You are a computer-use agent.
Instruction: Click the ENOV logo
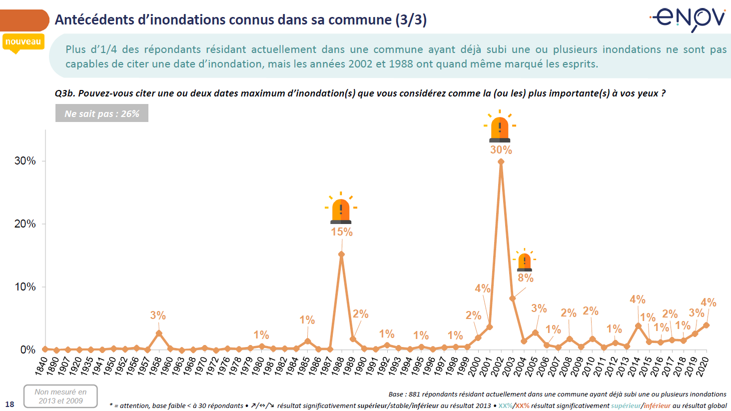[x=689, y=19]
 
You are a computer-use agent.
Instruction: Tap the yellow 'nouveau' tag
[x=23, y=42]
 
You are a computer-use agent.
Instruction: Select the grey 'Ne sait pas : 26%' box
[x=102, y=113]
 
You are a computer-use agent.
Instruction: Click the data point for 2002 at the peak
[x=501, y=161]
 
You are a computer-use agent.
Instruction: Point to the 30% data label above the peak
[x=501, y=150]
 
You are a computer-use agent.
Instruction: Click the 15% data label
[x=342, y=232]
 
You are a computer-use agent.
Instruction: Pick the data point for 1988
[x=341, y=254]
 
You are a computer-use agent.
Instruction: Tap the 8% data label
[x=526, y=278]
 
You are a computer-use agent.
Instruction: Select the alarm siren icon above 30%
[x=500, y=127]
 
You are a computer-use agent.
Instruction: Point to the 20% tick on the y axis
[x=25, y=224]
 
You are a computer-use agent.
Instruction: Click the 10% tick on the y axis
[x=25, y=287]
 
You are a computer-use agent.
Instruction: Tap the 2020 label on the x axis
[x=702, y=365]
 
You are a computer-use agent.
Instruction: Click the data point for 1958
[x=159, y=333]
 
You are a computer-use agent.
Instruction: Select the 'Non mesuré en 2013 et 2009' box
[x=60, y=396]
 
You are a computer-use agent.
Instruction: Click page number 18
[x=10, y=404]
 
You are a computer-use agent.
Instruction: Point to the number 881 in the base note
[x=415, y=394]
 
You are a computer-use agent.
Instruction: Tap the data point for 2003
[x=512, y=298]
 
